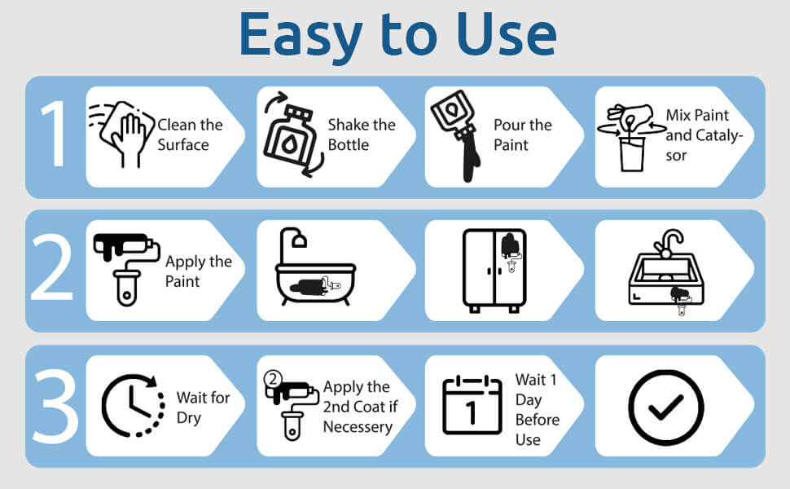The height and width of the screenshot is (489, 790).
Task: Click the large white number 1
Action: pos(55,134)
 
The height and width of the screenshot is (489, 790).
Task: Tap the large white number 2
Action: pos(51,267)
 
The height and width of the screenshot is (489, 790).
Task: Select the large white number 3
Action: pos(55,406)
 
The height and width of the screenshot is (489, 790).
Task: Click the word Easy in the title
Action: pos(301,35)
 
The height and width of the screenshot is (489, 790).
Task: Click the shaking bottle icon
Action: pos(292,134)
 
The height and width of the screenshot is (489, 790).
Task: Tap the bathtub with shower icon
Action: pos(315,267)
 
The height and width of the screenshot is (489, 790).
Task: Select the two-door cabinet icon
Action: pos(494,271)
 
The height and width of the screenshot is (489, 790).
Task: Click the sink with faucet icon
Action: pos(666,272)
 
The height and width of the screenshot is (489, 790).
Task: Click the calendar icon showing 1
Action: pos(472,405)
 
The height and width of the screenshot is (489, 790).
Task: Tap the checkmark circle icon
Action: pos(666,407)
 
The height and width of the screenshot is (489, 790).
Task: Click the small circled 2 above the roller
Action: pos(273,379)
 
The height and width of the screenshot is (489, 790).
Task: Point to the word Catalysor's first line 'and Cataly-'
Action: pos(704,135)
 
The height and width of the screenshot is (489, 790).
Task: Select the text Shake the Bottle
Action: pos(362,134)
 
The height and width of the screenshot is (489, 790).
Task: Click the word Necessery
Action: pos(358,427)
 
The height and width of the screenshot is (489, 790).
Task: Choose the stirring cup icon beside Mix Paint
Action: pos(631,137)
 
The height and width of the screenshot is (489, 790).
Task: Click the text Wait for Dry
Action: pos(203,407)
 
